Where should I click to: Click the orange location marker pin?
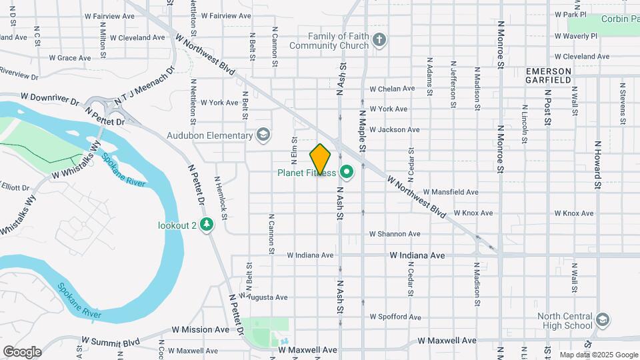click(x=321, y=159)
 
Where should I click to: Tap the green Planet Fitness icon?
click(x=346, y=173)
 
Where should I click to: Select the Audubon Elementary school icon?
click(x=263, y=135)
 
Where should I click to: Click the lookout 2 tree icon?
click(x=207, y=225)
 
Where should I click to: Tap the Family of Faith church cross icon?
click(x=379, y=41)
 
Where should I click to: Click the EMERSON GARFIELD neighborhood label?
click(x=549, y=75)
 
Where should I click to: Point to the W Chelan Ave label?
click(x=393, y=89)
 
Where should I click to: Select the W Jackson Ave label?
click(x=394, y=129)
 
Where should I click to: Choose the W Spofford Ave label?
click(x=395, y=317)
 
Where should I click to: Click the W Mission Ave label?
click(x=200, y=329)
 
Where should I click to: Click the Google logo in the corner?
click(x=22, y=351)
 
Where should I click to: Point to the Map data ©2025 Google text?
click(x=597, y=355)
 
